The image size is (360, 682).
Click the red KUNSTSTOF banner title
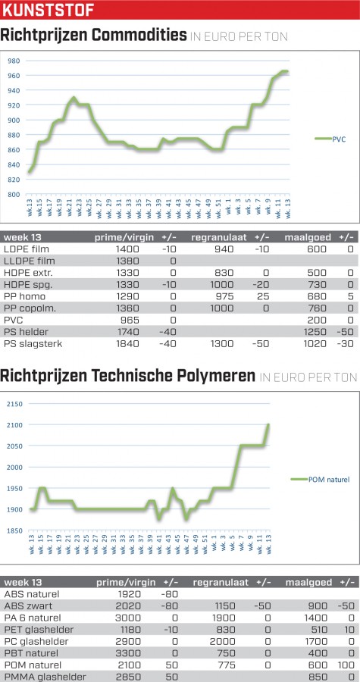(x=49, y=10)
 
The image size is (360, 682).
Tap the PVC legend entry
(x=330, y=139)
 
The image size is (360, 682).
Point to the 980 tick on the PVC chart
(x=14, y=61)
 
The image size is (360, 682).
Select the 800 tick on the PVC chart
(x=14, y=195)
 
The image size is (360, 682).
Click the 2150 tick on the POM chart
(x=14, y=404)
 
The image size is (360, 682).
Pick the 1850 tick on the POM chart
(x=14, y=530)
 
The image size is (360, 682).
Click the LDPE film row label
(x=27, y=249)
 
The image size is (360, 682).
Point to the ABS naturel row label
(x=32, y=594)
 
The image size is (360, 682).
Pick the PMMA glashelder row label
(x=45, y=677)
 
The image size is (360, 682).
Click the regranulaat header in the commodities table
(x=219, y=237)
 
